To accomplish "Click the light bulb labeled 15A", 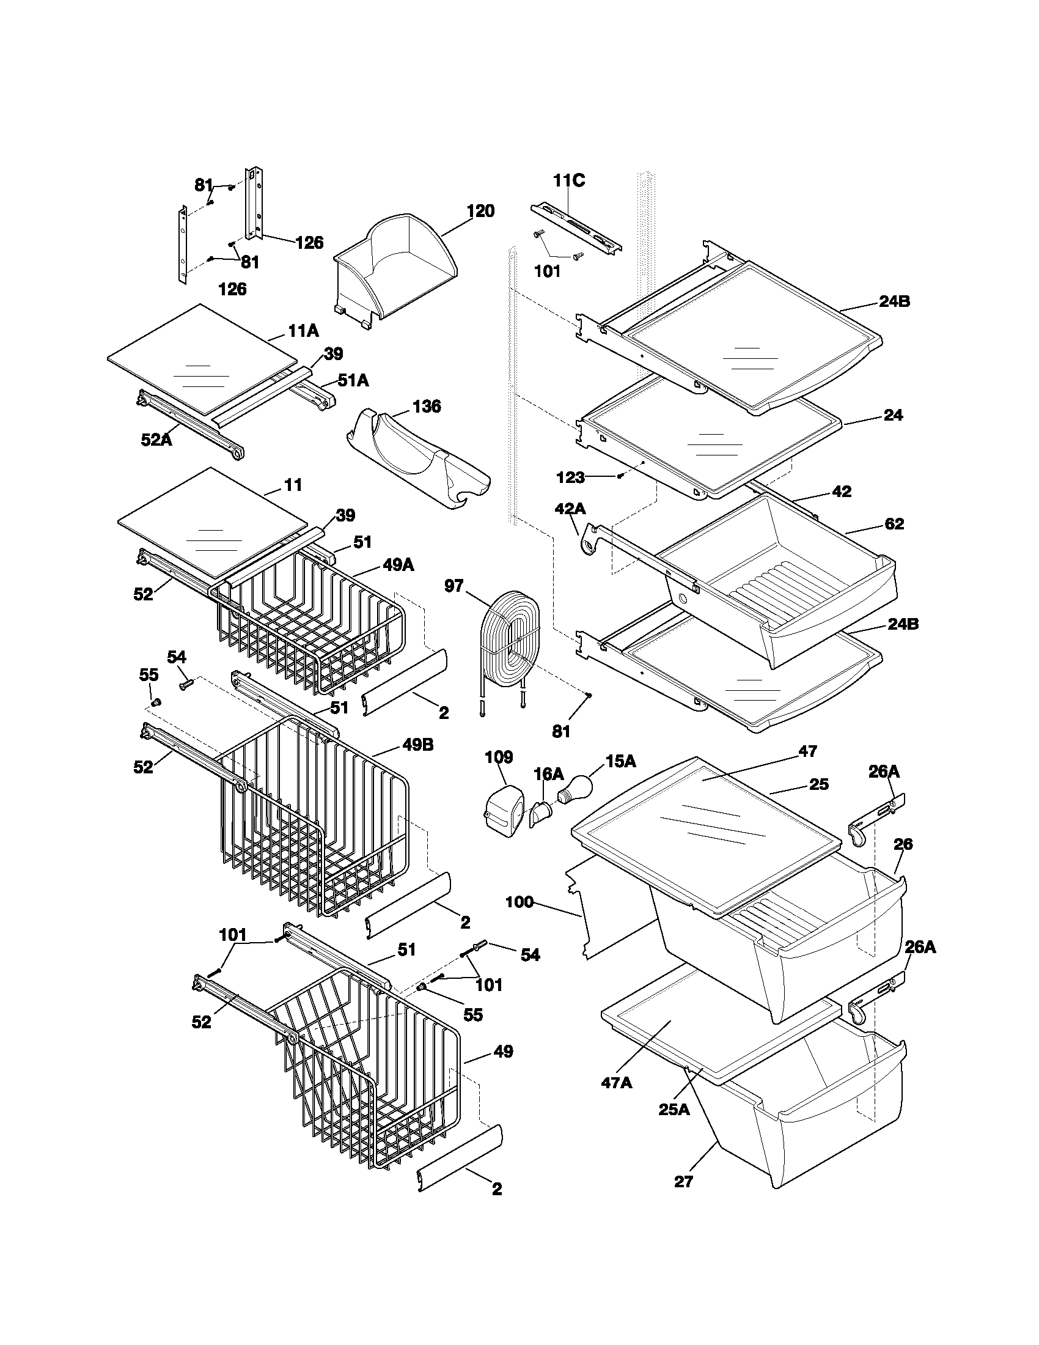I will pyautogui.click(x=576, y=789).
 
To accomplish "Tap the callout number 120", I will pyautogui.click(x=480, y=212).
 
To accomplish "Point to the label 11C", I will pyautogui.click(x=568, y=180).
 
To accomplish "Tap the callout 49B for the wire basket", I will pyautogui.click(x=418, y=745).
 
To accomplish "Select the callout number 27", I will pyautogui.click(x=683, y=1181).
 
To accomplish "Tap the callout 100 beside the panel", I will pyautogui.click(x=519, y=903).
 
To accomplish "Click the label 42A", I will pyautogui.click(x=570, y=509).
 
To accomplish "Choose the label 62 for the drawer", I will pyautogui.click(x=894, y=523).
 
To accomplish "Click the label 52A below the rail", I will pyautogui.click(x=156, y=439).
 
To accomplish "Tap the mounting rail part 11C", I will pyautogui.click(x=576, y=229).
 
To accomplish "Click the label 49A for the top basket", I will pyautogui.click(x=398, y=565).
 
